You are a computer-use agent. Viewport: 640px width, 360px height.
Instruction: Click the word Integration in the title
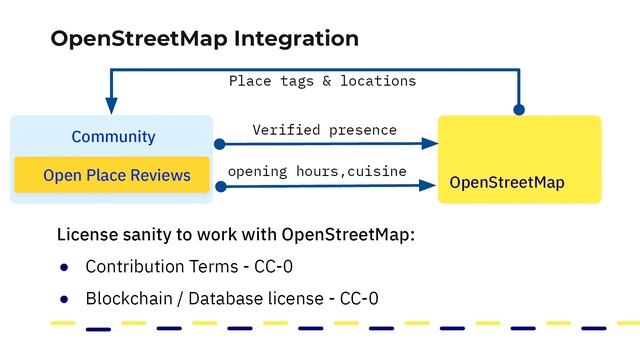coord(295,39)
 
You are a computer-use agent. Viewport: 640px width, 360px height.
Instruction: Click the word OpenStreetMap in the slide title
coord(138,39)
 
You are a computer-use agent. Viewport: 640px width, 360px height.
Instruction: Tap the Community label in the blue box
coord(113,136)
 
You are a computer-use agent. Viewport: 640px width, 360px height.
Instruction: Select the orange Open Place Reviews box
coord(112,175)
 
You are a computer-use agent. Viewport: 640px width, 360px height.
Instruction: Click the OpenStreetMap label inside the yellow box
coord(507,183)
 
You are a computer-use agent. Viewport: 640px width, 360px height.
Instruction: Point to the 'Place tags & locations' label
coord(322,80)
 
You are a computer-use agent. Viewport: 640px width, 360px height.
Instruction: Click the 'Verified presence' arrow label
coord(324,130)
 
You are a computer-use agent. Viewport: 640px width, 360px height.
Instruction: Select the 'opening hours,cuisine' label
coord(317,171)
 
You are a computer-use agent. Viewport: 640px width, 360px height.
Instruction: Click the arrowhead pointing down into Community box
coord(111,105)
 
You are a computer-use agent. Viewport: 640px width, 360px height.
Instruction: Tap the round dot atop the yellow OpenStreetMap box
coord(519,109)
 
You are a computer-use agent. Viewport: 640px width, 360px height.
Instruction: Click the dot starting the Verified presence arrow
coord(220,144)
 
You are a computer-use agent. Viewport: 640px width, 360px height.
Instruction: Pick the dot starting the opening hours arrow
coord(220,185)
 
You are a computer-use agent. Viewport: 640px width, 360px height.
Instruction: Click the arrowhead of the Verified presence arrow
coord(431,144)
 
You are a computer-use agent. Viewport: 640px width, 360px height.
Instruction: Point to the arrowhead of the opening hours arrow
coord(431,185)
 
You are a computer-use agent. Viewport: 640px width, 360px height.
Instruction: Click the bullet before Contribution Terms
coord(64,267)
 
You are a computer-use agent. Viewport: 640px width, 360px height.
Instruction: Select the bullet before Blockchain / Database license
coord(64,299)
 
